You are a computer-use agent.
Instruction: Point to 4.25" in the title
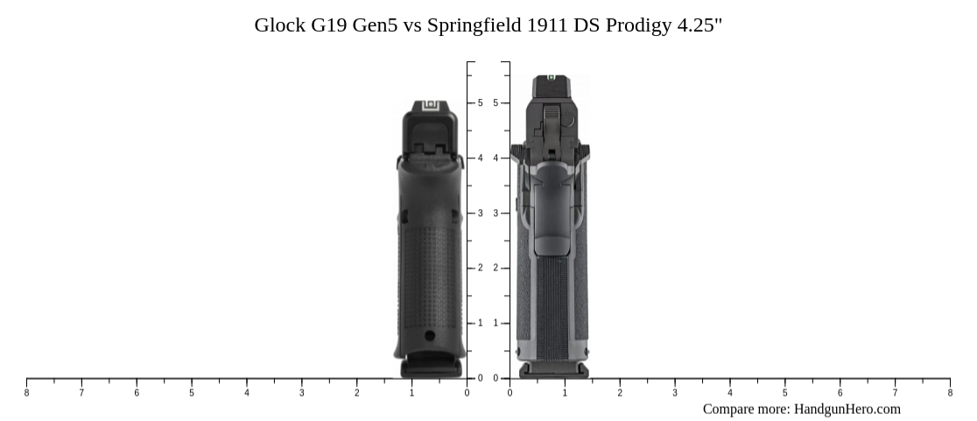tap(699, 25)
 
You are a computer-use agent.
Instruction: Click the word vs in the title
tap(411, 25)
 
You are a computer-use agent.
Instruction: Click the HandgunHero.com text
tap(847, 409)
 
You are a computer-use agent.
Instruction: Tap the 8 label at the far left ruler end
tap(26, 393)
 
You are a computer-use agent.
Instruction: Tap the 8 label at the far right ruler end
tap(950, 393)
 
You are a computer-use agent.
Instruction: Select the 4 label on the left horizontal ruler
tap(247, 393)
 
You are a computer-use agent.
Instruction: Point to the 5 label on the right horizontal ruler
tap(784, 393)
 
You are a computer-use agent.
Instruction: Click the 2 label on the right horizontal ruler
tap(620, 393)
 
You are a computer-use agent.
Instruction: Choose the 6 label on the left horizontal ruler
tap(137, 393)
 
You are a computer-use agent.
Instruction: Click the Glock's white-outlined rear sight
tap(430, 106)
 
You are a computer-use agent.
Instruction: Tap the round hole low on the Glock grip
tap(430, 335)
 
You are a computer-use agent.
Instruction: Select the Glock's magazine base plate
tap(431, 368)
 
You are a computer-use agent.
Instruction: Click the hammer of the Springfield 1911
tap(550, 123)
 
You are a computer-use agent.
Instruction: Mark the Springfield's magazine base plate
tap(553, 371)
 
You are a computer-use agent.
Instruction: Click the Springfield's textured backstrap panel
tap(552, 306)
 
